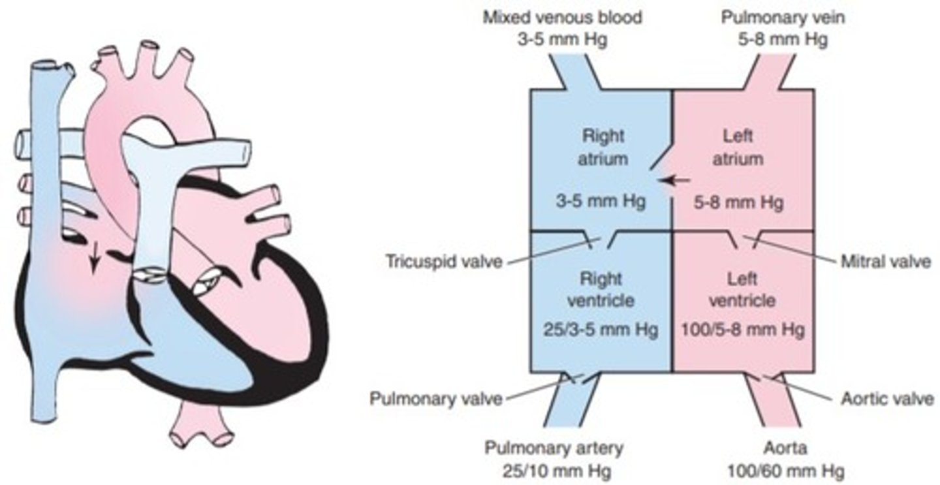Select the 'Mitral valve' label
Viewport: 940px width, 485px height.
click(885, 262)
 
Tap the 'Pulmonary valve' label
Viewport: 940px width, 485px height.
click(436, 398)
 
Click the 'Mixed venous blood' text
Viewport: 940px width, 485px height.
click(561, 18)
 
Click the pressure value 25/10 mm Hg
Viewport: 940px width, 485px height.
click(554, 470)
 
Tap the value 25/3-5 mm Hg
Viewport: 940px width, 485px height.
click(600, 328)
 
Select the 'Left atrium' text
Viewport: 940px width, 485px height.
click(739, 148)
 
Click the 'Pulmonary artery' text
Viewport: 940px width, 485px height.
click(554, 448)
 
